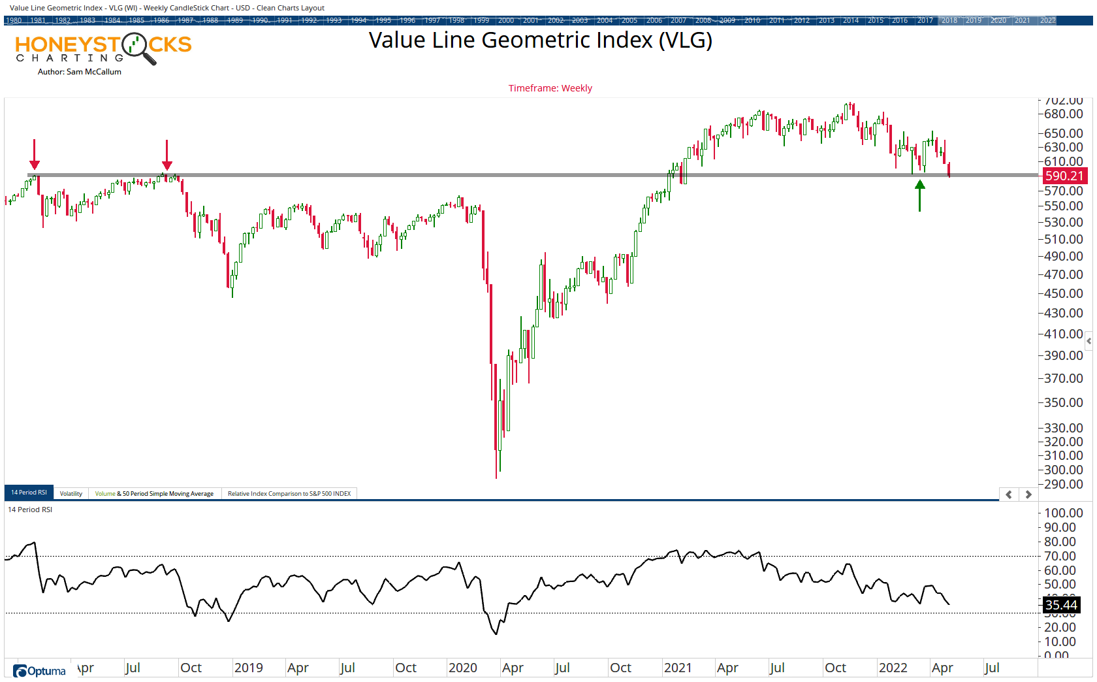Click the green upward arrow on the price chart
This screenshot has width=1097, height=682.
[920, 195]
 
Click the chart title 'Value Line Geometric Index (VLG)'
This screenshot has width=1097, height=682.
[540, 41]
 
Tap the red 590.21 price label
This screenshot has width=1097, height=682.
[1064, 176]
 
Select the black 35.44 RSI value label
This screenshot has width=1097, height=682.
[1061, 605]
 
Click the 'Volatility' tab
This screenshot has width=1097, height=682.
[71, 493]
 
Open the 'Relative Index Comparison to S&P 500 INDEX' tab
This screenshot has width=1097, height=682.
[289, 493]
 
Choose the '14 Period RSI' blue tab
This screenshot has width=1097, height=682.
[29, 493]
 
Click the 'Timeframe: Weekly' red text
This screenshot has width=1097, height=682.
[550, 88]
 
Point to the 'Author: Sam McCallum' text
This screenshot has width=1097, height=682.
[80, 72]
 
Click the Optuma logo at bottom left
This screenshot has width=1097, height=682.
[40, 671]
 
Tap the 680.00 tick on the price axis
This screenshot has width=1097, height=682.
[1064, 114]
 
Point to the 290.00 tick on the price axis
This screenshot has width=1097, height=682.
[1064, 484]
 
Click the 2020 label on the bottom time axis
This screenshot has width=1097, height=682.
[463, 668]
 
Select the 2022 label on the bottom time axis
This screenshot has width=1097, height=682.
[893, 668]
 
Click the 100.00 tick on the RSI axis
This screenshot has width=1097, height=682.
[1064, 513]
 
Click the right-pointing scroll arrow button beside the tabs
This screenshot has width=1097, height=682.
[1028, 495]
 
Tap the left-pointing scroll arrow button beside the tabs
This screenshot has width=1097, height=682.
[1009, 495]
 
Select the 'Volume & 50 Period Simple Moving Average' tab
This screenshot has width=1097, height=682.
[154, 493]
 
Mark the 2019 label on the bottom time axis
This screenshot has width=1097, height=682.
[248, 668]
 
